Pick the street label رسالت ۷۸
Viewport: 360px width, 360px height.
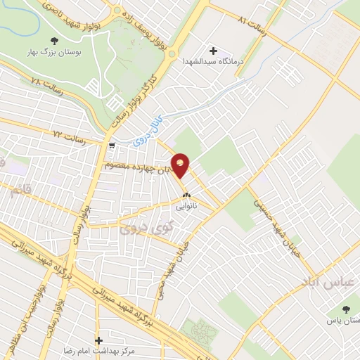click(x=46, y=89)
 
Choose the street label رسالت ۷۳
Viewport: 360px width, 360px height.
click(x=68, y=133)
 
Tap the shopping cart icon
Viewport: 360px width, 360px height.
click(x=112, y=146)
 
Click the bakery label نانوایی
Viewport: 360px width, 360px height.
click(x=187, y=207)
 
